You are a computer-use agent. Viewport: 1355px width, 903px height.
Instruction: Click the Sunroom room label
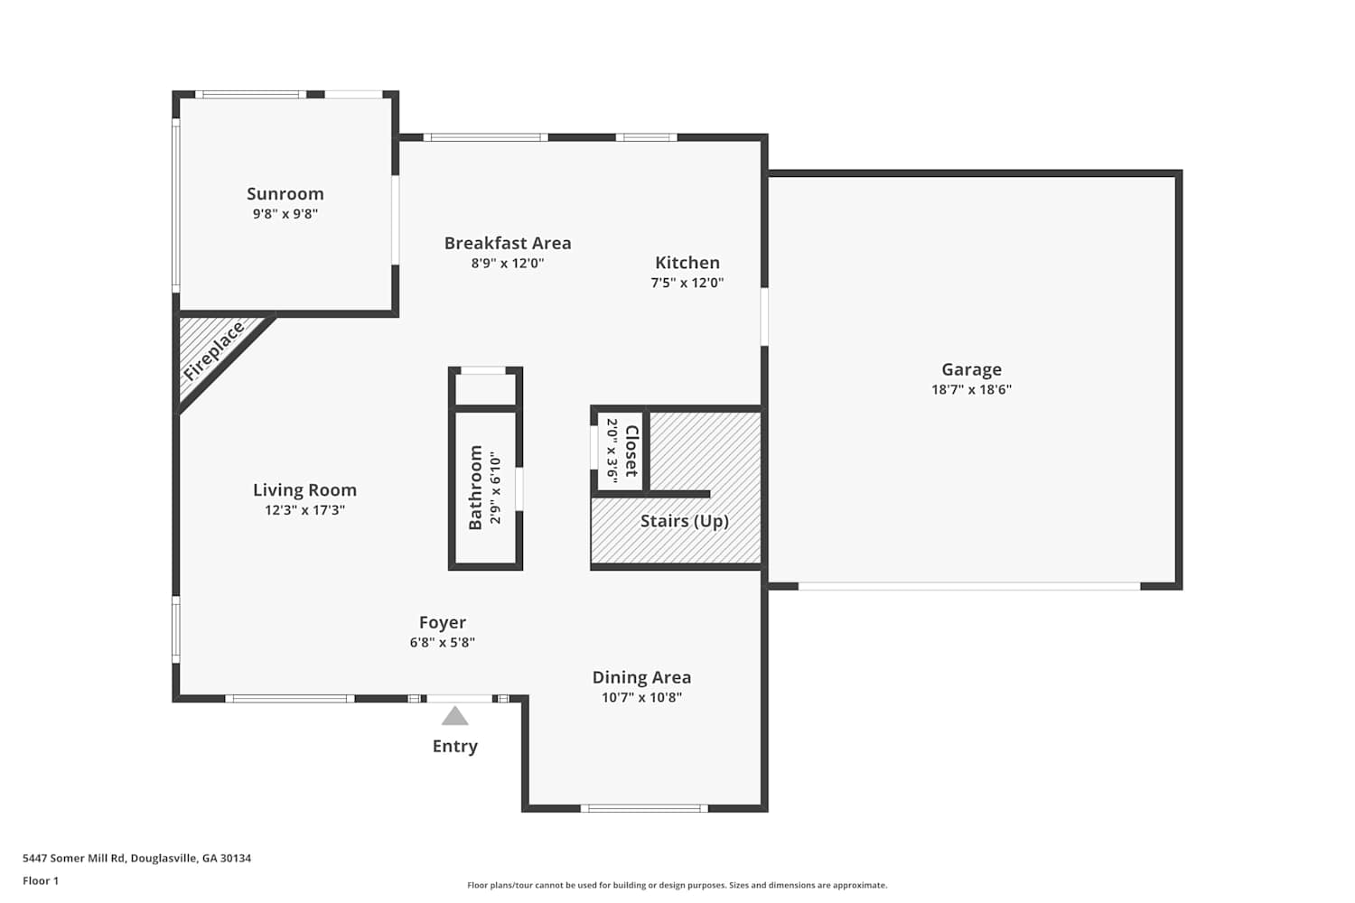[285, 193]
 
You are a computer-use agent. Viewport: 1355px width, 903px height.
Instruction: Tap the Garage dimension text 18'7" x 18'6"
[971, 389]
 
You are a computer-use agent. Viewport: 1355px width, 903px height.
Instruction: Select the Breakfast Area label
[508, 243]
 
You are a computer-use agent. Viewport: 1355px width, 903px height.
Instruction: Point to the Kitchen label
[687, 263]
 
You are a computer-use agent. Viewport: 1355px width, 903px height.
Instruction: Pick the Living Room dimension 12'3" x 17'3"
[304, 510]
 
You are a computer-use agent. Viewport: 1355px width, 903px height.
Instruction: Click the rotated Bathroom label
[475, 488]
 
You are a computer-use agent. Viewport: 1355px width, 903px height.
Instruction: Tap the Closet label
[631, 451]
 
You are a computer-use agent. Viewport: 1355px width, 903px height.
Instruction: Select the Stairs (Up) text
[684, 521]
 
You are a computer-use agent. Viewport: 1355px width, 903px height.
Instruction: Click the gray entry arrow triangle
[455, 717]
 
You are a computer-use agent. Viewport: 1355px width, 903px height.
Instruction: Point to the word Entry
[455, 747]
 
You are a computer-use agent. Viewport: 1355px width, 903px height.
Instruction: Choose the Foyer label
[443, 622]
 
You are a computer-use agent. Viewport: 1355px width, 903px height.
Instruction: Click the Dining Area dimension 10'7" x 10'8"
[641, 697]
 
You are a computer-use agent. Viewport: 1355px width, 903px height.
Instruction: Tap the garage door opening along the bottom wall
[969, 586]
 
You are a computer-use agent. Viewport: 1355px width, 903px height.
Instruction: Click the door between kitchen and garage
[764, 316]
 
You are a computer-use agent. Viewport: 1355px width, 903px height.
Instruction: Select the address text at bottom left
[136, 858]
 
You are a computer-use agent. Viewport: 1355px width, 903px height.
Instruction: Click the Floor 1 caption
[41, 880]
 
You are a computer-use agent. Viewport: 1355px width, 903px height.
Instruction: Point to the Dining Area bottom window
[644, 808]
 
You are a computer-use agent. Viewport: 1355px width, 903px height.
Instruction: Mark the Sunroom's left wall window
[176, 206]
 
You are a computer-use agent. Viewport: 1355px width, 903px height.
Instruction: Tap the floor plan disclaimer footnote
[677, 885]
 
